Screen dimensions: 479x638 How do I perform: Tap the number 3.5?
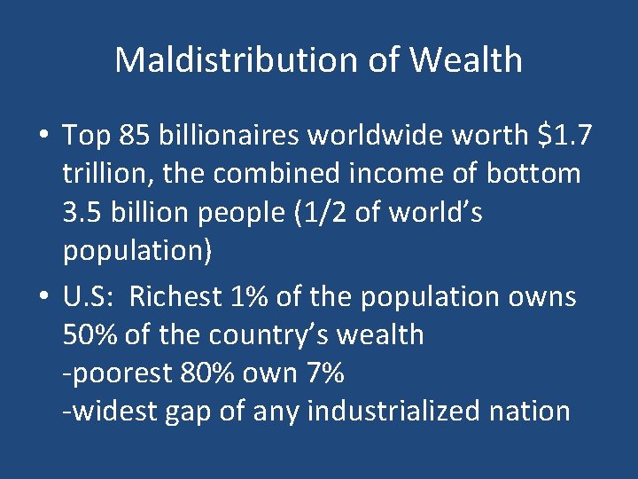point(84,214)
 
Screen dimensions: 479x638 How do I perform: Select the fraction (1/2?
point(300,214)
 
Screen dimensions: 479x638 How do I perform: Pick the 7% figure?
point(324,373)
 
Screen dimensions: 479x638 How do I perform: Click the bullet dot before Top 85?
point(44,137)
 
